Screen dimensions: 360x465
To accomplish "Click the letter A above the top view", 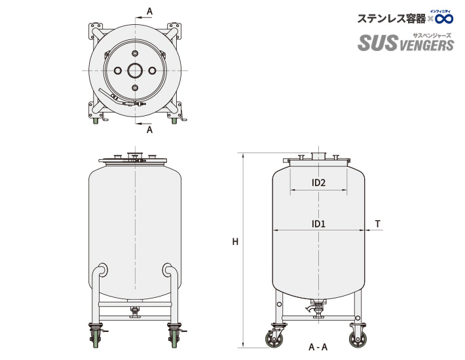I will pos(149,11).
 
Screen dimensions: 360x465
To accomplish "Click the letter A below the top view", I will pos(149,130).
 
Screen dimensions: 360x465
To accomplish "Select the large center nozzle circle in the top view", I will pos(135,70).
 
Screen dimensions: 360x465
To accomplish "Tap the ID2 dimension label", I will pos(318,183).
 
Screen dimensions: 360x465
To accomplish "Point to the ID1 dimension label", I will pos(318,224).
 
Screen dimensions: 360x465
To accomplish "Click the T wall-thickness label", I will pos(378,224).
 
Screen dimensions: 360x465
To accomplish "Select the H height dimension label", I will pos(235,242).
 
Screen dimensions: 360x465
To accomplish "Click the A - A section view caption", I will pos(318,347).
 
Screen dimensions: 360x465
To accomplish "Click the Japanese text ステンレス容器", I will pos(391,19).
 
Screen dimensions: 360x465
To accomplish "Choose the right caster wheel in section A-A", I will pos(358,340).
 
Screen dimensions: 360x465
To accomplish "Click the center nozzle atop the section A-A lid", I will pos(318,155).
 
